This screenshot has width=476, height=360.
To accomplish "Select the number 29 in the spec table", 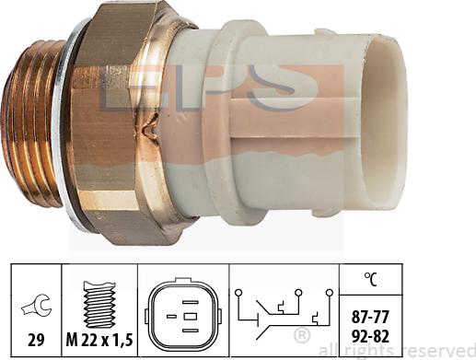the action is click(x=36, y=340).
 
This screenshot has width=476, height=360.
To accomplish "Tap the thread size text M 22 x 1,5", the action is click(x=99, y=340).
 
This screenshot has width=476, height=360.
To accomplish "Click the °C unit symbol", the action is click(x=371, y=279).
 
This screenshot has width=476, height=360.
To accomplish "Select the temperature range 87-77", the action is click(x=370, y=317).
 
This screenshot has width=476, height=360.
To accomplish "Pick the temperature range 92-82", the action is click(x=370, y=336).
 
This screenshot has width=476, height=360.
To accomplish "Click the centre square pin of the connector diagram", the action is click(x=190, y=316).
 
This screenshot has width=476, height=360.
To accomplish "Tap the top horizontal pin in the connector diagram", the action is click(x=190, y=302).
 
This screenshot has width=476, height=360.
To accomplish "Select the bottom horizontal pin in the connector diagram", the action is click(x=190, y=331).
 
